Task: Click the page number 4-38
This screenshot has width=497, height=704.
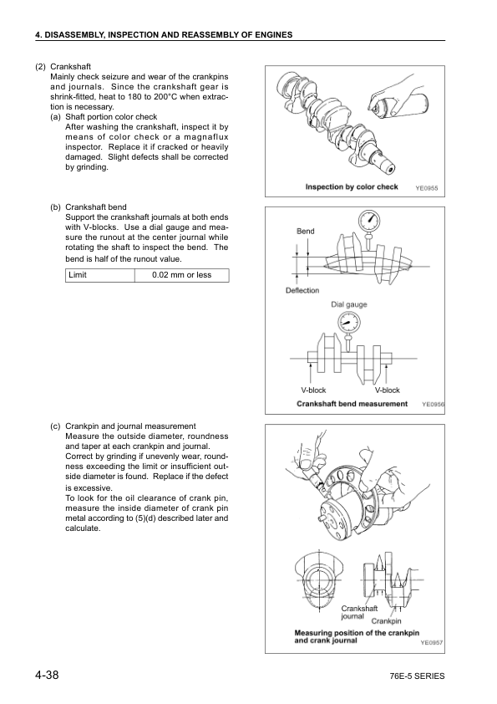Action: (46, 675)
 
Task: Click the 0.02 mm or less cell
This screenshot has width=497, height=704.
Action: (181, 275)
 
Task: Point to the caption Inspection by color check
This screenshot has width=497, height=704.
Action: (352, 187)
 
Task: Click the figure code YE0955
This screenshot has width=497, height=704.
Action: (427, 188)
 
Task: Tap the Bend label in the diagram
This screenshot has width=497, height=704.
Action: (306, 230)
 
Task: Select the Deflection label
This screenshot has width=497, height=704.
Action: (302, 290)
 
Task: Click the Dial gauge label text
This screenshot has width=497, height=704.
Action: (348, 304)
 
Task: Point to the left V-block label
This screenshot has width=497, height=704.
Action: (314, 390)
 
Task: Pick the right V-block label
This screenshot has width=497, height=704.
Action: (388, 390)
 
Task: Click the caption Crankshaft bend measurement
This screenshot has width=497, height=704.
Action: (352, 404)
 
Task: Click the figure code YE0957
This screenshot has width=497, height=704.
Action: (430, 643)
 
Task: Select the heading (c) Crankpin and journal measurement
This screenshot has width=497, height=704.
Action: (124, 426)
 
